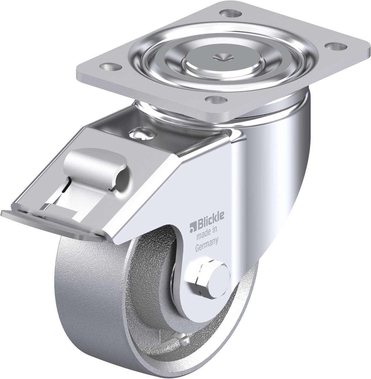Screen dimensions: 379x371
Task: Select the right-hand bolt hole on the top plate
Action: (333, 46)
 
